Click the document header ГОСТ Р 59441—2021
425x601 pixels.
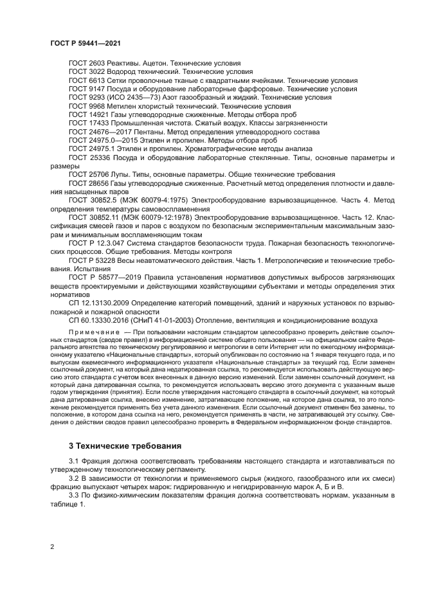pyautogui.click(x=86, y=42)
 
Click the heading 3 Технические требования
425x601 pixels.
pyautogui.click(x=116, y=445)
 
